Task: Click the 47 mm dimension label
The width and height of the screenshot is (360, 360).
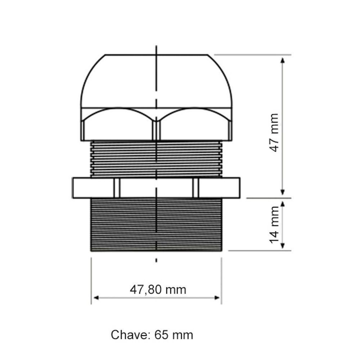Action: coord(274,132)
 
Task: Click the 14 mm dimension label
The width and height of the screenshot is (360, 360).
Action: coord(274,224)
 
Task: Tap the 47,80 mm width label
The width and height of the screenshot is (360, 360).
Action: coord(158,289)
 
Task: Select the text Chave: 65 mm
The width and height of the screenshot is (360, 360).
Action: coord(152,335)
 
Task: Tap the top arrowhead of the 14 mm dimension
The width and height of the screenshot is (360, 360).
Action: coord(283,204)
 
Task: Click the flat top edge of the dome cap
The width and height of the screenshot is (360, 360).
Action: coord(156,55)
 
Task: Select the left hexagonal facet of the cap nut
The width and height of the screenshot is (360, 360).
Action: coord(117,126)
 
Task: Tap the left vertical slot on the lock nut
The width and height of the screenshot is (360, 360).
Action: coord(117,188)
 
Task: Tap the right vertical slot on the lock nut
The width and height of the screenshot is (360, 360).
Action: coord(195,188)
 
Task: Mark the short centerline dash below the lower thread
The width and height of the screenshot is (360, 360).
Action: coord(156,260)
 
